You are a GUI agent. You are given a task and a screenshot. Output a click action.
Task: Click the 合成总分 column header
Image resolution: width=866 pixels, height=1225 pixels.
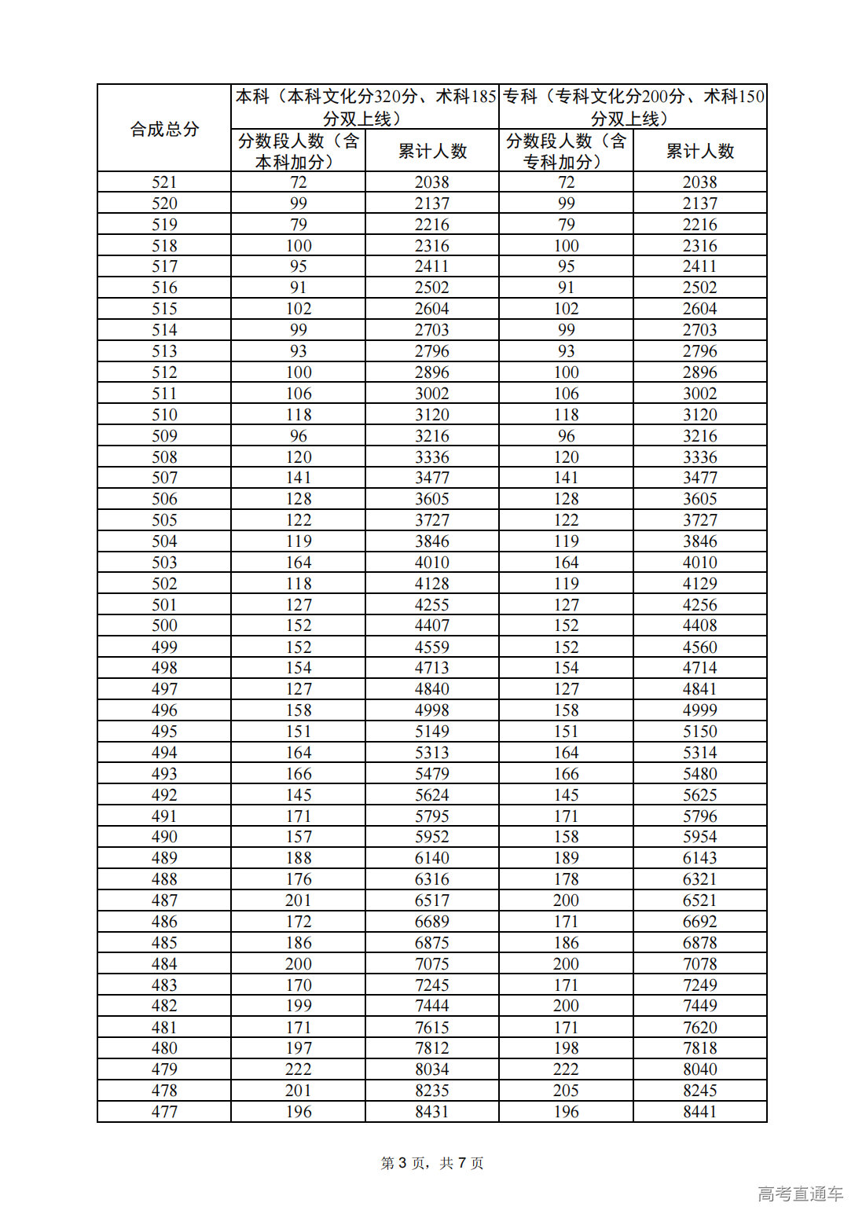pyautogui.click(x=164, y=129)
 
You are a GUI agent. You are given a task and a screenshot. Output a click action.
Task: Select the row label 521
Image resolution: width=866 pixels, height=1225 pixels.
pyautogui.click(x=164, y=182)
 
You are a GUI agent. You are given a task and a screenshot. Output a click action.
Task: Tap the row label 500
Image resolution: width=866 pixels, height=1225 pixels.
pyautogui.click(x=164, y=625)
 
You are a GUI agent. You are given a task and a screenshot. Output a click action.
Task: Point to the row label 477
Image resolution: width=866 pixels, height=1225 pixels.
pyautogui.click(x=164, y=1112)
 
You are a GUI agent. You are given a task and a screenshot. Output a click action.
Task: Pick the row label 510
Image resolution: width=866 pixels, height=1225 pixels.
pyautogui.click(x=164, y=415)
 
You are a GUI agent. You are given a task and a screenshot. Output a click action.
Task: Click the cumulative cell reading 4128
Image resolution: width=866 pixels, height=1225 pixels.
pyautogui.click(x=432, y=584)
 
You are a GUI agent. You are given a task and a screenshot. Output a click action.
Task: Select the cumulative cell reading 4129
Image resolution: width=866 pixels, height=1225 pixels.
pyautogui.click(x=699, y=584)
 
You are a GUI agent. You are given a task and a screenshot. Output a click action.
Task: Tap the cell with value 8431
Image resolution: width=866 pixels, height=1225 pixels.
pyautogui.click(x=432, y=1112)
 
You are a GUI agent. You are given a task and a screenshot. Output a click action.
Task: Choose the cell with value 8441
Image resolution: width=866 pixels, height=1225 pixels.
pyautogui.click(x=699, y=1112)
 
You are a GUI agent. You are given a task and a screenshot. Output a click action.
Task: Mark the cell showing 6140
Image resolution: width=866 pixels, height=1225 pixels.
pyautogui.click(x=432, y=858)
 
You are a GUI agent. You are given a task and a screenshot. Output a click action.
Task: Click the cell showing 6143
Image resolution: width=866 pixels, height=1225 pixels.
pyautogui.click(x=699, y=858)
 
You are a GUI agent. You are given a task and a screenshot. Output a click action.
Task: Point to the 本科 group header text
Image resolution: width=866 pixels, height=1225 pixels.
pyautogui.click(x=365, y=107)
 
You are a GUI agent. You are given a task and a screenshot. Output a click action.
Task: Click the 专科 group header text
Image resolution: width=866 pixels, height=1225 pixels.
pyautogui.click(x=633, y=107)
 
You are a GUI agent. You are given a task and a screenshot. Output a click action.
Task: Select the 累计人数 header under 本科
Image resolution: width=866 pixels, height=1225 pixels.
pyautogui.click(x=432, y=151)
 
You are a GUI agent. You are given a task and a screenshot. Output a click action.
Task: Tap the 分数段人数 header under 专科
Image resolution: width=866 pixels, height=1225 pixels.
pyautogui.click(x=566, y=151)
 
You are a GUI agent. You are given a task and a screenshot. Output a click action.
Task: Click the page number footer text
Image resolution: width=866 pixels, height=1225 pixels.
pyautogui.click(x=432, y=1163)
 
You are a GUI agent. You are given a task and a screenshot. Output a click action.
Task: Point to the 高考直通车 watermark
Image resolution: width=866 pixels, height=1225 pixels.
pyautogui.click(x=800, y=1194)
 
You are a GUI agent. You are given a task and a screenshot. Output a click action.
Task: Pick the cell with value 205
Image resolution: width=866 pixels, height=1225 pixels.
pyautogui.click(x=566, y=1091)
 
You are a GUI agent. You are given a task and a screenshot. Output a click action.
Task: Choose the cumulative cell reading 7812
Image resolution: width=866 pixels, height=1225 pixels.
pyautogui.click(x=432, y=1048)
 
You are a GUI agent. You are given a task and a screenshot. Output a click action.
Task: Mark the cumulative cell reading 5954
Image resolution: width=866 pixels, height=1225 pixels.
pyautogui.click(x=699, y=837)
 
